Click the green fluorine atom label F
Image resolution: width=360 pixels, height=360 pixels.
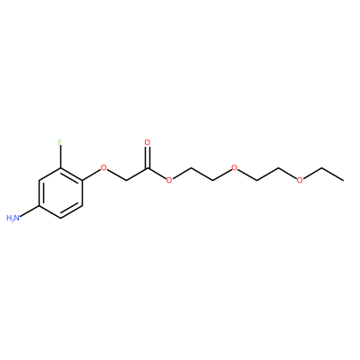pyautogui.click(x=60, y=142)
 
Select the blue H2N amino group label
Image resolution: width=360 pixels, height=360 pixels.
pyautogui.click(x=13, y=218)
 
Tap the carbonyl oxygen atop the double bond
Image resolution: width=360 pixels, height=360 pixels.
pyautogui.click(x=147, y=142)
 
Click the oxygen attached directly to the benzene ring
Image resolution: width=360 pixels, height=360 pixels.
pyautogui.click(x=103, y=167)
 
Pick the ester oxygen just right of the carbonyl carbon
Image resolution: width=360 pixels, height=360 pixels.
pyautogui.click(x=169, y=180)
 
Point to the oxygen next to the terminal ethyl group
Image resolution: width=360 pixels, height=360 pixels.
pyautogui.click(x=300, y=180)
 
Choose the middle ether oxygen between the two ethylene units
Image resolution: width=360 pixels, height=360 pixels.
pyautogui.click(x=234, y=167)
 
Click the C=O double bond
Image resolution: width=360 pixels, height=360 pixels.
pyautogui.click(x=147, y=157)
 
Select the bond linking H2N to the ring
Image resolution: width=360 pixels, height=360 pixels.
pyautogui.click(x=30, y=211)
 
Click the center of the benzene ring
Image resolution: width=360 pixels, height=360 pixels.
pyautogui.click(x=60, y=193)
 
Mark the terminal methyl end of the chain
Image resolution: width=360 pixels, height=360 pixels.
pyautogui.click(x=343, y=180)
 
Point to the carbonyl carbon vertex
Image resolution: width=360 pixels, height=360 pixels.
pyautogui.click(x=148, y=168)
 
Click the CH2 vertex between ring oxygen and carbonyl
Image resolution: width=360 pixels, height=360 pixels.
pyautogui.click(x=126, y=180)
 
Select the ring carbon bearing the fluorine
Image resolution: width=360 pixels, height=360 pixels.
pyautogui.click(x=61, y=168)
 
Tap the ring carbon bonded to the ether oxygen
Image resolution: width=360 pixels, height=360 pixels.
pyautogui.click(x=82, y=180)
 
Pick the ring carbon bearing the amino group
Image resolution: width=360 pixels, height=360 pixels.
pyautogui.click(x=40, y=205)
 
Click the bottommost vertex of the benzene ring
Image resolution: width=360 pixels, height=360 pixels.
pyautogui.click(x=61, y=218)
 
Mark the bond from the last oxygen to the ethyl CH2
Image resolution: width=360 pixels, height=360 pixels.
pyautogui.click(x=312, y=173)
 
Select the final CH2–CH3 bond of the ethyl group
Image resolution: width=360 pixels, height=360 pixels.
pyautogui.click(x=332, y=174)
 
